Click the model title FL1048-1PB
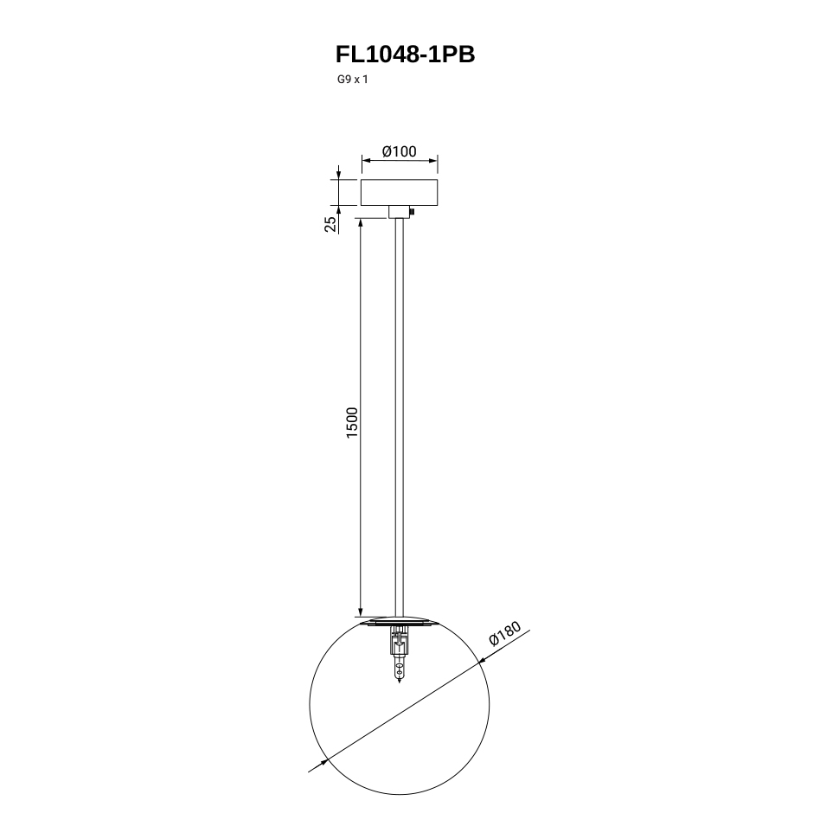405,54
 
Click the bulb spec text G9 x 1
353,80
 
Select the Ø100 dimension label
399,151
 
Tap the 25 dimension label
331,223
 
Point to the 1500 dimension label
351,423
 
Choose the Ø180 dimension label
504,634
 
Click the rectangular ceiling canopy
399,193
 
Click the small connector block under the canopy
399,212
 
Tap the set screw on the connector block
413,212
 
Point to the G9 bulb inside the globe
399,670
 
